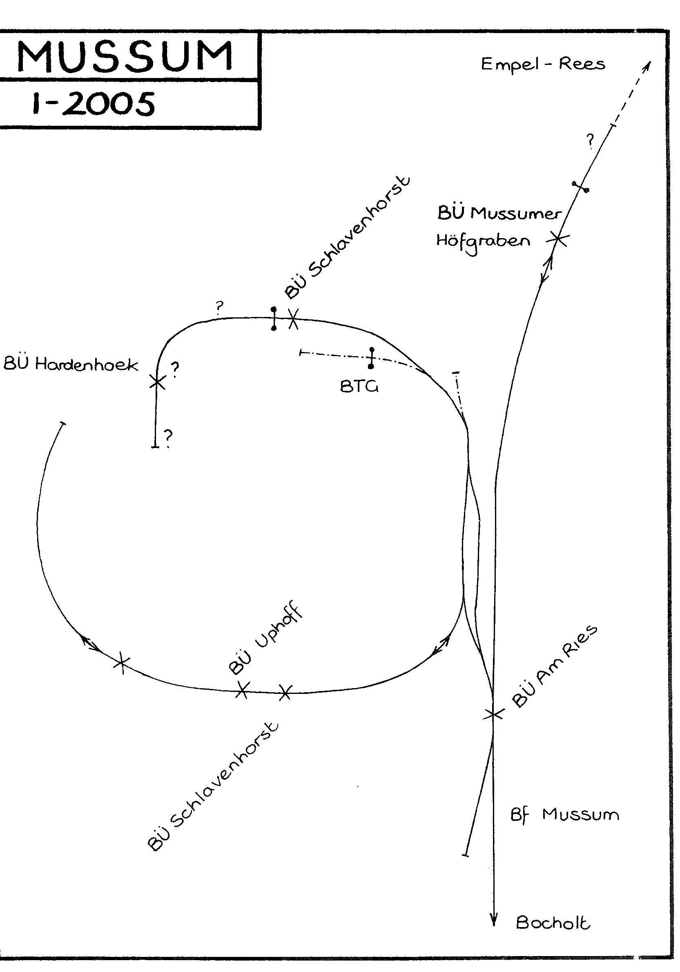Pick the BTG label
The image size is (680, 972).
coord(359,386)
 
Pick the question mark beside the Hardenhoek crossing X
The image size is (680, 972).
coord(174,370)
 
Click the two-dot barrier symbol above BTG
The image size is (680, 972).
coord(372,358)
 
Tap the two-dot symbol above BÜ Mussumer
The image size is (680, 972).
coord(580,187)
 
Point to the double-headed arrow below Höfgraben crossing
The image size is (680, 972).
coord(547,269)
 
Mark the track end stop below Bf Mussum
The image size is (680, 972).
coord(466,856)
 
